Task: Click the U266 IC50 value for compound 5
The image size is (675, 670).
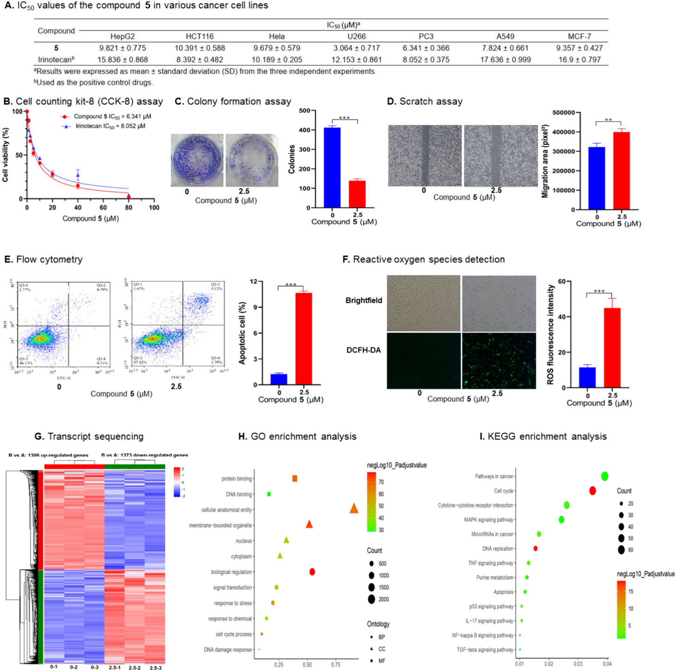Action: [356, 48]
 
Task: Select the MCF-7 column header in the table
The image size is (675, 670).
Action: [579, 36]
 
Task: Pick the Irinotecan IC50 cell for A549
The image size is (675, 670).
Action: [505, 60]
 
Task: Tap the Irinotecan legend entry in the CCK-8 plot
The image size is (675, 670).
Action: [110, 126]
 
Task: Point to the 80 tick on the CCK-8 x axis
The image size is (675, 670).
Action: [129, 208]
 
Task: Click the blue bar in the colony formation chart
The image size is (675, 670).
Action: [332, 168]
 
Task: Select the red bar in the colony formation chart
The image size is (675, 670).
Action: [357, 194]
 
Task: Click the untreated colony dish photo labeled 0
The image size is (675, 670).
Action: [197, 160]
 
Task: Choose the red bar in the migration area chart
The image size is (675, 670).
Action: [622, 171]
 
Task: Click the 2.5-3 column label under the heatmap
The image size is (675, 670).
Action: [156, 667]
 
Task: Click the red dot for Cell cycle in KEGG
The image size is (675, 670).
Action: [592, 491]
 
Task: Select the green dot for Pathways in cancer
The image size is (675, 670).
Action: [604, 476]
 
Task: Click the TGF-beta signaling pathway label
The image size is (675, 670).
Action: [485, 650]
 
